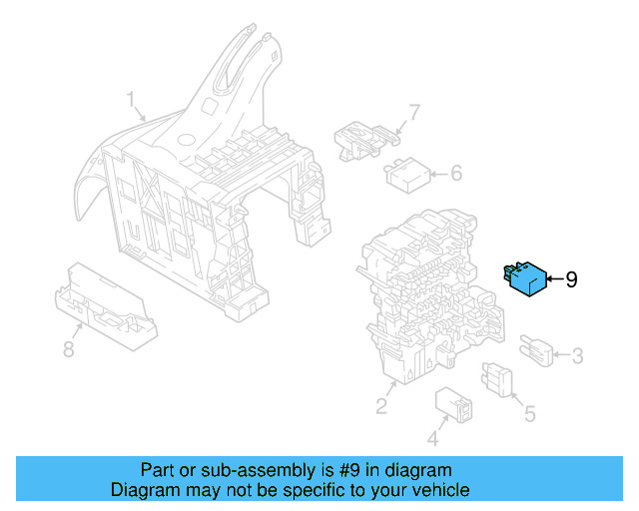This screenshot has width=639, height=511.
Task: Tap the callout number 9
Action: point(571,280)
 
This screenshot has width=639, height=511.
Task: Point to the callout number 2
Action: point(381,405)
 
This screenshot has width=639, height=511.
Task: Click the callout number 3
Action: point(577,354)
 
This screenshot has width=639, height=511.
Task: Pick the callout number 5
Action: point(530,412)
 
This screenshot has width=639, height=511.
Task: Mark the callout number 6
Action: point(455,174)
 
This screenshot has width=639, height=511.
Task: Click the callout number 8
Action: point(69,349)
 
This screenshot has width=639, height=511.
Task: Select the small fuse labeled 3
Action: point(537,352)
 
